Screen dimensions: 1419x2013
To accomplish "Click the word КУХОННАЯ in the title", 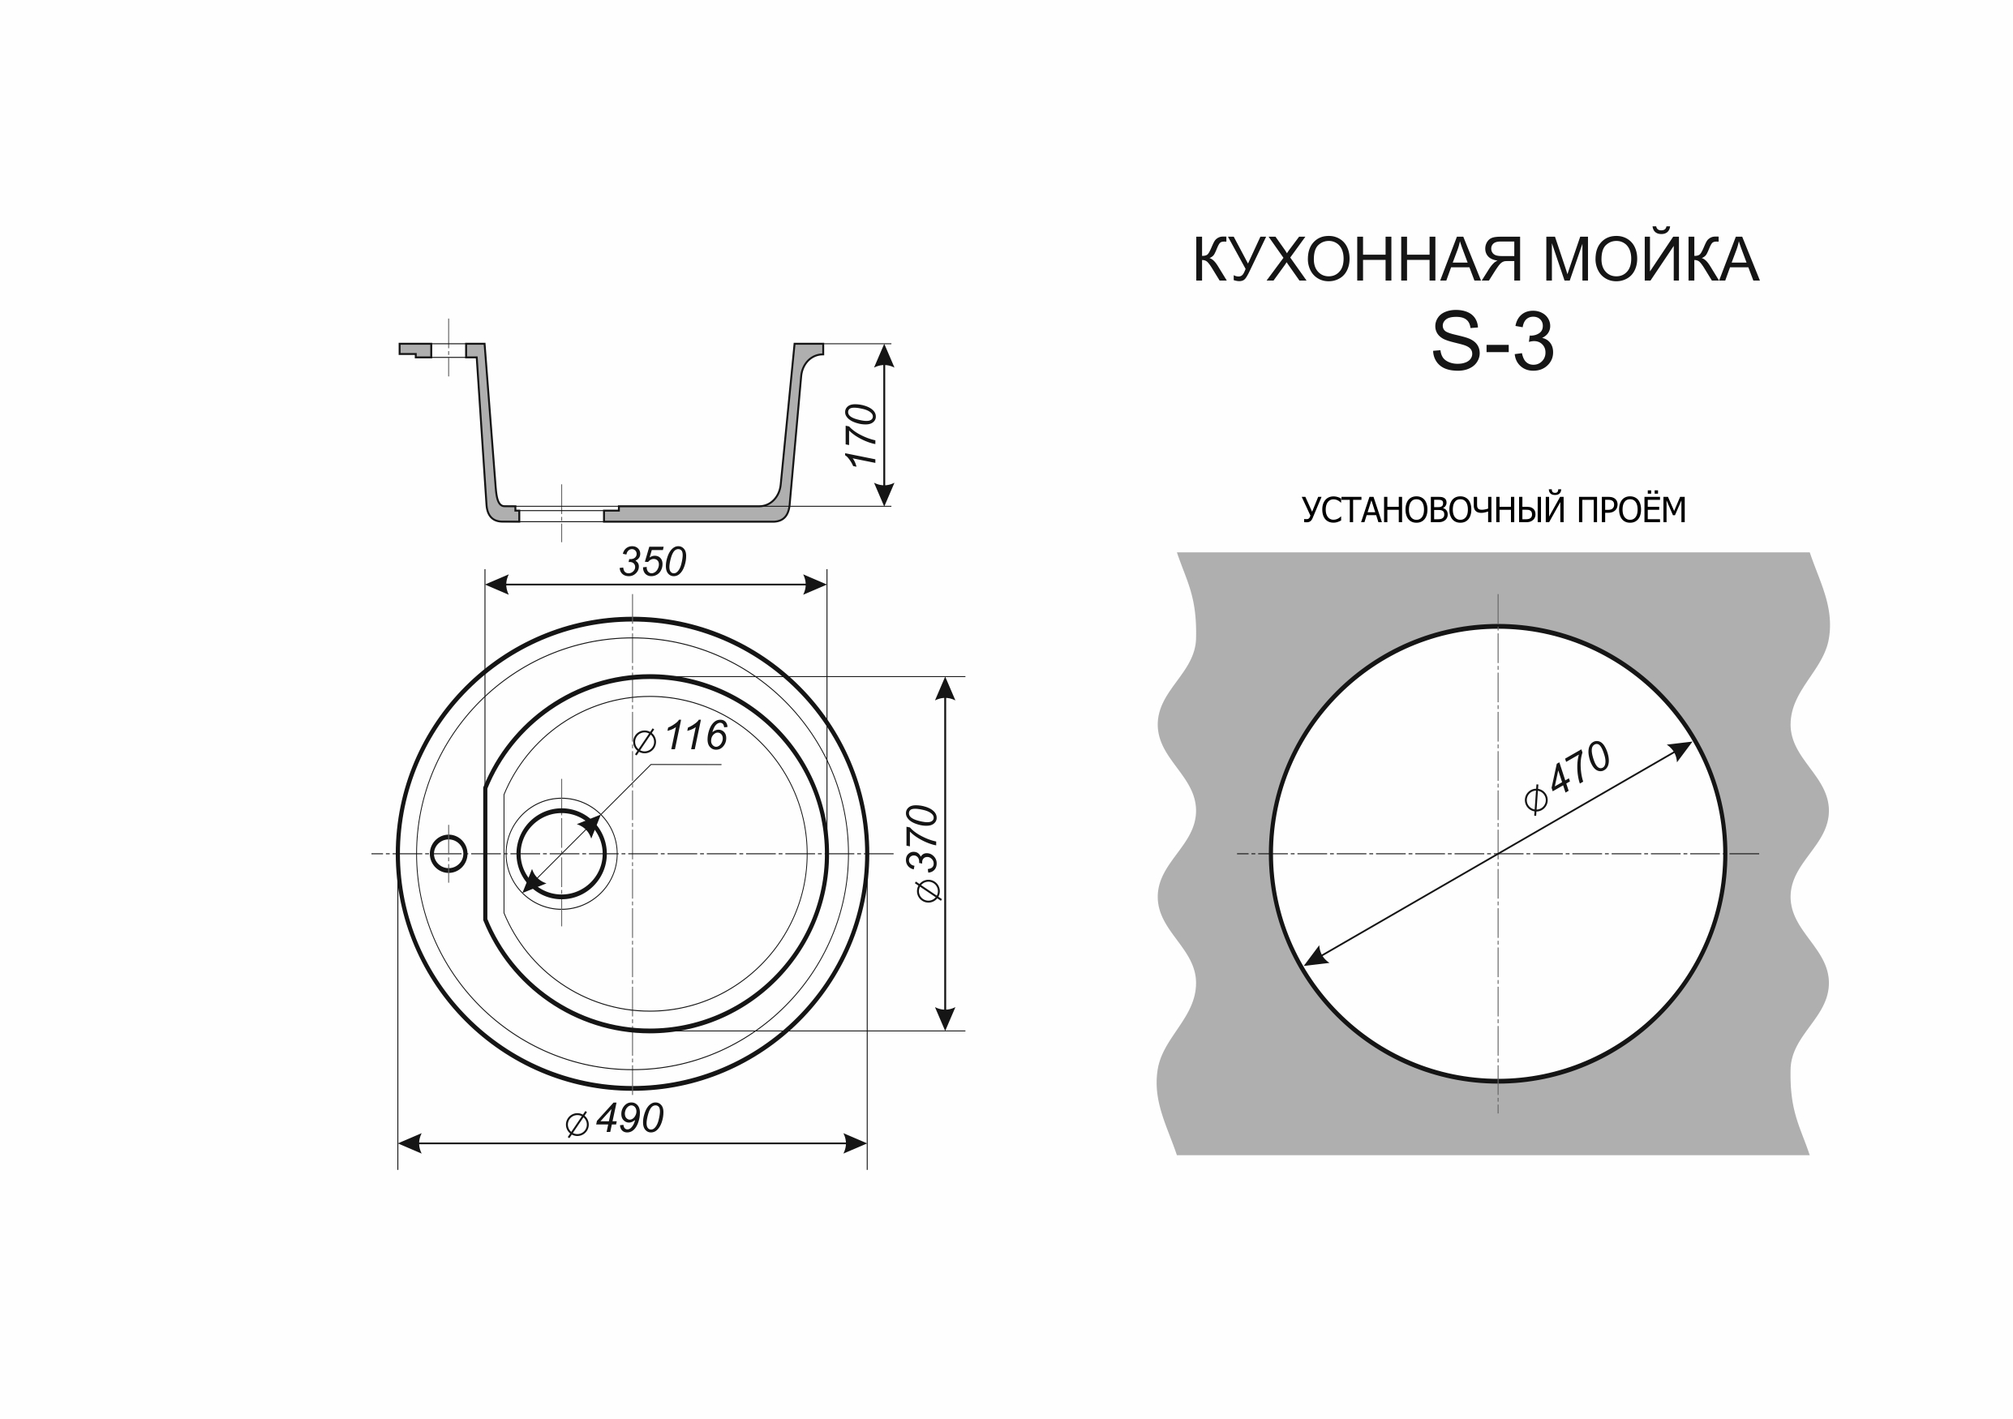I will click(1358, 259).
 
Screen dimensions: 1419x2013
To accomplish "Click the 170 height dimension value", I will click(861, 435).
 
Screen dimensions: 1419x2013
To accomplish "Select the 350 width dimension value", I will click(652, 563).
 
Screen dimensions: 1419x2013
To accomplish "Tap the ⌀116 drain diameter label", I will click(680, 736).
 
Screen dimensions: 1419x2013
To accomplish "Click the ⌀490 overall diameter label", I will click(616, 1119).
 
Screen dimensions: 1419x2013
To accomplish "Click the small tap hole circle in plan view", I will click(448, 853).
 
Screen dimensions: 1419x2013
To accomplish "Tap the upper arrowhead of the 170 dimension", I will click(884, 355).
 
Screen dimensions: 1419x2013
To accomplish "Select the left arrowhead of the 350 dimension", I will click(497, 585).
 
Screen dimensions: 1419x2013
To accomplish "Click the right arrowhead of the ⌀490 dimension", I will click(855, 1143).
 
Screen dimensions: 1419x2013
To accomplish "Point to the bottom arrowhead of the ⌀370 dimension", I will click(944, 1018).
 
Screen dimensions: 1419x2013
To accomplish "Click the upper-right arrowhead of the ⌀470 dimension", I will click(1680, 750).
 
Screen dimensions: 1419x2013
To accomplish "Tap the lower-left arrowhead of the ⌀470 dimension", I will click(1316, 958).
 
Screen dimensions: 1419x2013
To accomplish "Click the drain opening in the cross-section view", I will click(561, 514).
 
